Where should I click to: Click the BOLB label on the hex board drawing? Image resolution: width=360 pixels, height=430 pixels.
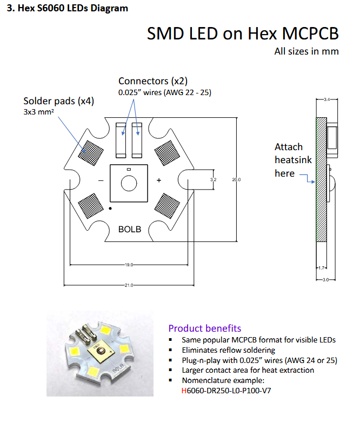(130, 229)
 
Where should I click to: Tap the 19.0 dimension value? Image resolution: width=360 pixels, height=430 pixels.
(129, 265)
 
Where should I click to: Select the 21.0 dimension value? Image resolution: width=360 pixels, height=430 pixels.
(129, 285)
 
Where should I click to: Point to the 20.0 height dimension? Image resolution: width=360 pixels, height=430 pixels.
(236, 180)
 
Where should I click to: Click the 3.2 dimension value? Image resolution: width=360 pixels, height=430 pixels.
(213, 180)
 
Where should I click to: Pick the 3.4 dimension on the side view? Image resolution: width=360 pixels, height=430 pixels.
(327, 99)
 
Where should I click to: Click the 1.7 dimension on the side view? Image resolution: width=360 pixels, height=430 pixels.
(322, 267)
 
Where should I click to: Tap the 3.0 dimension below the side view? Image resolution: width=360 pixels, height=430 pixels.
(326, 280)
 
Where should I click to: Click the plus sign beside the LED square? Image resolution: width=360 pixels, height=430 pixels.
(159, 180)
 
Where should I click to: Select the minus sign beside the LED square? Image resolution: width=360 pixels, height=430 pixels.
(101, 180)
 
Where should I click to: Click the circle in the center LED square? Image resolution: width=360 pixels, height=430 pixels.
(129, 183)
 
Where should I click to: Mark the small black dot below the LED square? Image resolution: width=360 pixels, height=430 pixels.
(110, 209)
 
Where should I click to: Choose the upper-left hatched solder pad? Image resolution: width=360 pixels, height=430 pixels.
(91, 153)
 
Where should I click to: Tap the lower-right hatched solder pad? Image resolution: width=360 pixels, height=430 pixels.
(167, 206)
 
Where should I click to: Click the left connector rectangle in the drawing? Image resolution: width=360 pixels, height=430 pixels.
(121, 140)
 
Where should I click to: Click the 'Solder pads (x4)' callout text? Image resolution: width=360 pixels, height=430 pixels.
(59, 101)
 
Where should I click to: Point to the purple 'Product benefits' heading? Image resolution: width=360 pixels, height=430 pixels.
(205, 328)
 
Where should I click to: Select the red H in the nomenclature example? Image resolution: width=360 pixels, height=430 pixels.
(184, 391)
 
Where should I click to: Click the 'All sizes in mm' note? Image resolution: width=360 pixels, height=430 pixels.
(306, 51)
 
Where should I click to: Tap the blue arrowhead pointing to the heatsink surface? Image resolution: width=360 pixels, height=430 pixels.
(313, 182)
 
